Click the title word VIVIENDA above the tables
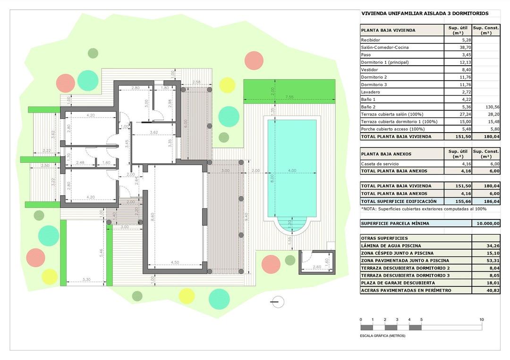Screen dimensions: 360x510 (x=374, y=14)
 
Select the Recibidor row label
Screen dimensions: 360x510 (x=371, y=40)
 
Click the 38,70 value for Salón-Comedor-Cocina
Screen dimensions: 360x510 (x=465, y=48)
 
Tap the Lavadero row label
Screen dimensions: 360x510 (x=371, y=92)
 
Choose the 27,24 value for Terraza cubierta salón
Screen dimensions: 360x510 (x=465, y=114)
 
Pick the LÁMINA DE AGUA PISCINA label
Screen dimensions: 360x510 (x=391, y=246)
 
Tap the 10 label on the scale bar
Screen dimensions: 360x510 (x=482, y=320)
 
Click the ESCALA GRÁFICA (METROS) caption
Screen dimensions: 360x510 (x=382, y=336)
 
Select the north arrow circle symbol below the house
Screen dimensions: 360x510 (x=278, y=301)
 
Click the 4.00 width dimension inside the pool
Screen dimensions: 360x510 (x=292, y=170)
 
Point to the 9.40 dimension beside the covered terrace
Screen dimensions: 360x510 (x=246, y=216)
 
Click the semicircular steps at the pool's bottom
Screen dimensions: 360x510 (x=291, y=225)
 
